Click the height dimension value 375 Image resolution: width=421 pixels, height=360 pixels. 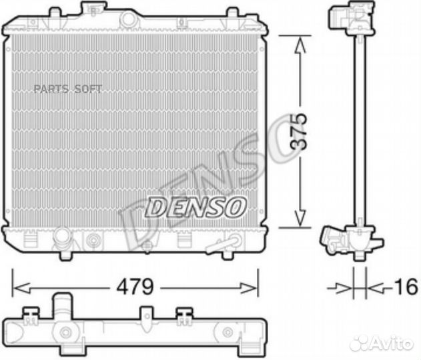pyautogui.click(x=302, y=131)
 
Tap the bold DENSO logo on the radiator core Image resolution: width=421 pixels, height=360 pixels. pyautogui.click(x=195, y=207)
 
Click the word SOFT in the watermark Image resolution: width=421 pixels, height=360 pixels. pyautogui.click(x=87, y=89)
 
